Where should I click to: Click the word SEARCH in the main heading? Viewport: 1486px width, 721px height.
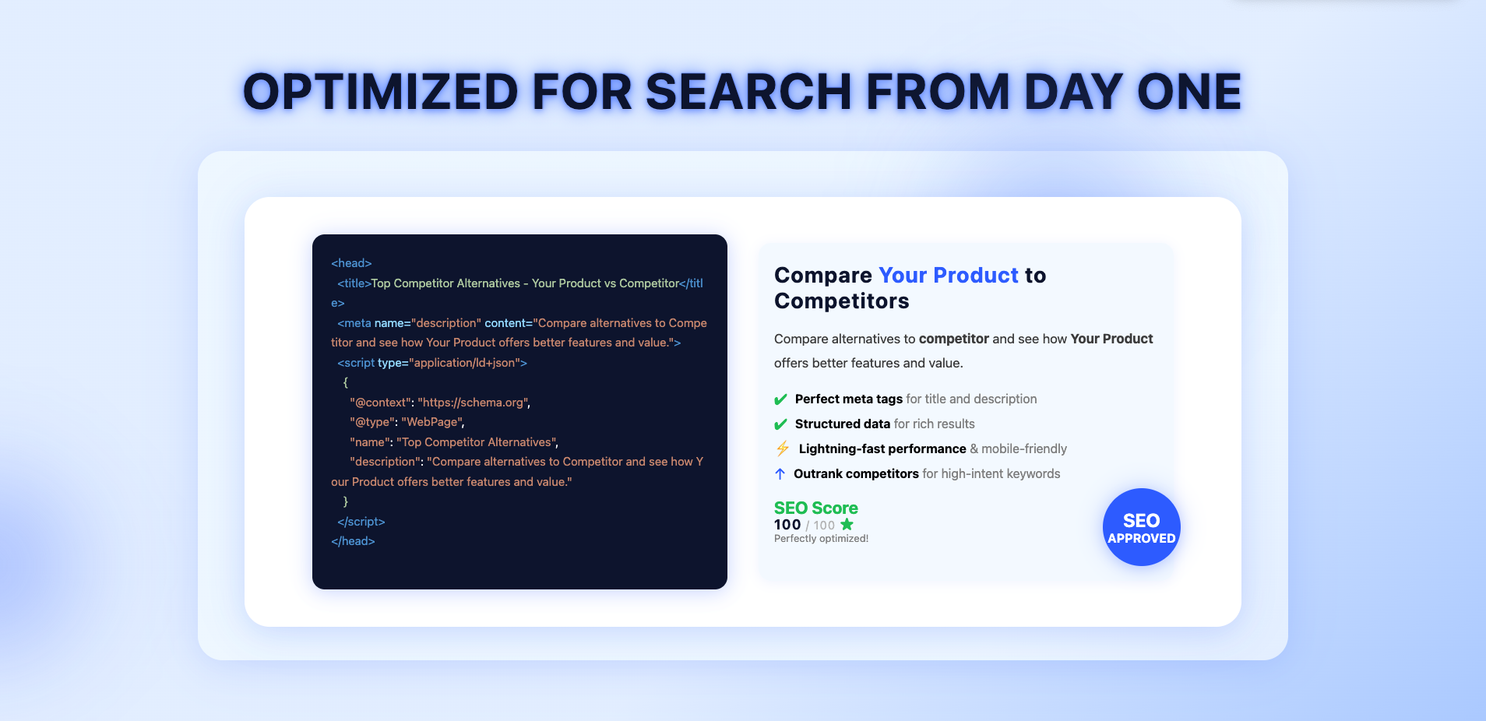pos(748,92)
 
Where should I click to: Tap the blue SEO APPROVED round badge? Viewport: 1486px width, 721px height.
pos(1142,527)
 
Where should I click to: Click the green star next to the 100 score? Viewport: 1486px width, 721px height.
pos(847,525)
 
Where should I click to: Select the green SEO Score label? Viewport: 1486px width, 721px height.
pos(816,508)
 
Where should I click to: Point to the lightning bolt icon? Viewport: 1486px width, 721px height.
pos(783,448)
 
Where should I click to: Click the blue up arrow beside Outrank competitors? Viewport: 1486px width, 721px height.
pos(780,473)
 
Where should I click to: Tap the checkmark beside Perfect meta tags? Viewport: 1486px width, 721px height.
pos(780,399)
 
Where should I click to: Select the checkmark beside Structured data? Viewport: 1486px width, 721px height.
pos(780,424)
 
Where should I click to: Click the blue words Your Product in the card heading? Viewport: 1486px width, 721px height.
pos(949,275)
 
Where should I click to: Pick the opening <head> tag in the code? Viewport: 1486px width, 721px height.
pos(351,263)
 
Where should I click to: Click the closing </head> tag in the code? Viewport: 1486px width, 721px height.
pos(353,541)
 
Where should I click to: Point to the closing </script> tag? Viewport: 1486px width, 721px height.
pos(361,522)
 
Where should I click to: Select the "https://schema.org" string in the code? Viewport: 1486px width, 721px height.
pos(473,403)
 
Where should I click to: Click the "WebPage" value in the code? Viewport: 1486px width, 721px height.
pos(431,422)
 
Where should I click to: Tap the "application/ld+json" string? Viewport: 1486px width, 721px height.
pos(464,363)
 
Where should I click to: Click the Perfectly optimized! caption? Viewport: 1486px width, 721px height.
pos(821,539)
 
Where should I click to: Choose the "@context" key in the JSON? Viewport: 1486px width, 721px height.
pos(380,403)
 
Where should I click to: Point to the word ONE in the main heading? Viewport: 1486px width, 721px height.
pos(1189,92)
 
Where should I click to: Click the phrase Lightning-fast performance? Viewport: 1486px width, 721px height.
pos(882,448)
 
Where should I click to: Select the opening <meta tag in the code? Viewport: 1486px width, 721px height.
pos(354,323)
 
